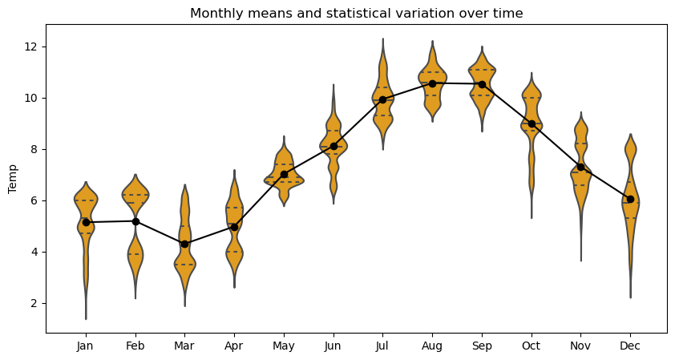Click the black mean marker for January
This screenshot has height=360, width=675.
point(86,222)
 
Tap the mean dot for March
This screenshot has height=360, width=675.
point(184,244)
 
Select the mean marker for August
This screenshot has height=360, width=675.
point(432,83)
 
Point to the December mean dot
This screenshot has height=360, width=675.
point(630,199)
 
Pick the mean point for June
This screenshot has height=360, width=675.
point(333,146)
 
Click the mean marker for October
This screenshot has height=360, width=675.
point(532,123)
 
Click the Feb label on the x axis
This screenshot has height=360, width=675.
point(135,346)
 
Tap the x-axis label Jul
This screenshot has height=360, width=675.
point(382,346)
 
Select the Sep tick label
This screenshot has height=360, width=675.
point(482,346)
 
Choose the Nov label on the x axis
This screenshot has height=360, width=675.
point(580,346)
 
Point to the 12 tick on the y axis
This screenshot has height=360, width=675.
point(32,47)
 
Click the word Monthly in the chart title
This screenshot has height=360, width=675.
point(213,14)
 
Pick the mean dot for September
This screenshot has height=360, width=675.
point(482,84)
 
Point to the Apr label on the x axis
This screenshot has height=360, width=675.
point(234,346)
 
